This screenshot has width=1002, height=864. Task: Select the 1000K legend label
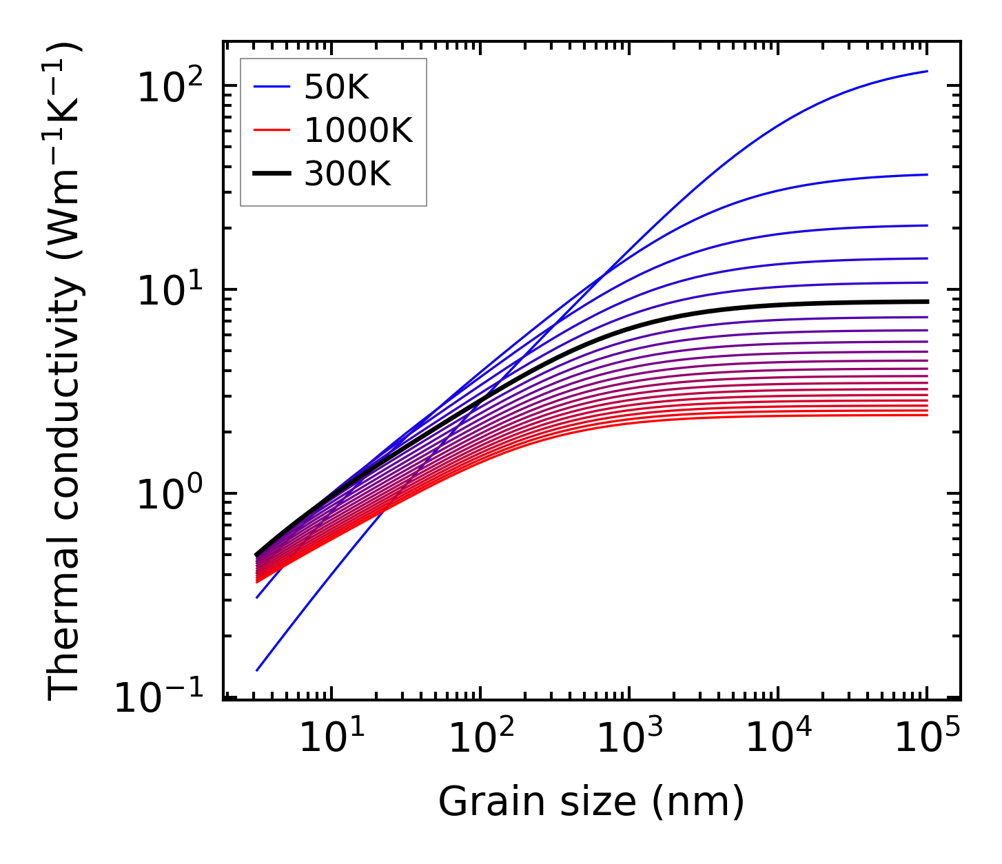(x=358, y=130)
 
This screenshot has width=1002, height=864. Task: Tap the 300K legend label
(x=347, y=174)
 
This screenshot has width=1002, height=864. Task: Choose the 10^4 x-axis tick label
(x=777, y=739)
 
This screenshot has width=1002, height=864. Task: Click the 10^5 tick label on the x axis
(x=926, y=739)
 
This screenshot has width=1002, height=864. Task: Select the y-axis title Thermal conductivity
(x=65, y=372)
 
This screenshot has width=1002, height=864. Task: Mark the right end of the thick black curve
(x=928, y=302)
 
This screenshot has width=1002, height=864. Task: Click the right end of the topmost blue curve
(x=928, y=71)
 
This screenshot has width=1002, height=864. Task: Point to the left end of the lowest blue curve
(x=256, y=670)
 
